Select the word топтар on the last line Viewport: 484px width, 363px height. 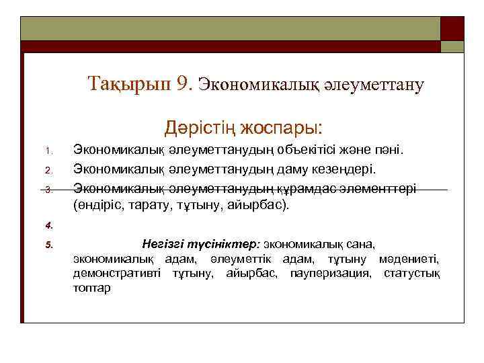[x=93, y=288]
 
